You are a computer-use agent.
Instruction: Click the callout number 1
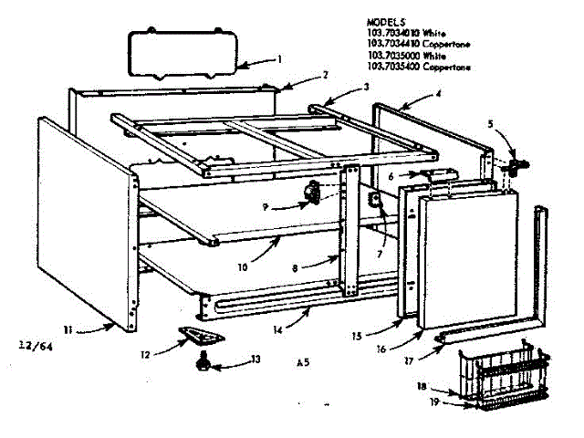pyautogui.click(x=280, y=59)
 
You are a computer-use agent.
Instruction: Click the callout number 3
pyautogui.click(x=366, y=87)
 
